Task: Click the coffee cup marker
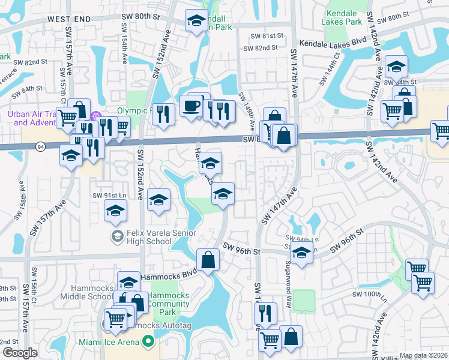click(191, 106)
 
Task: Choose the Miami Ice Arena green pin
click(146, 343)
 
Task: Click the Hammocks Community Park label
click(170, 304)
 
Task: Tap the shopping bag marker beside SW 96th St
click(208, 260)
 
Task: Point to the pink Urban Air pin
click(94, 116)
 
